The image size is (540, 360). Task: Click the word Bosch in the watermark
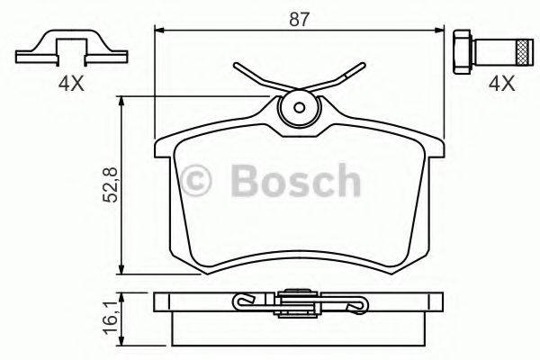click(293, 181)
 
